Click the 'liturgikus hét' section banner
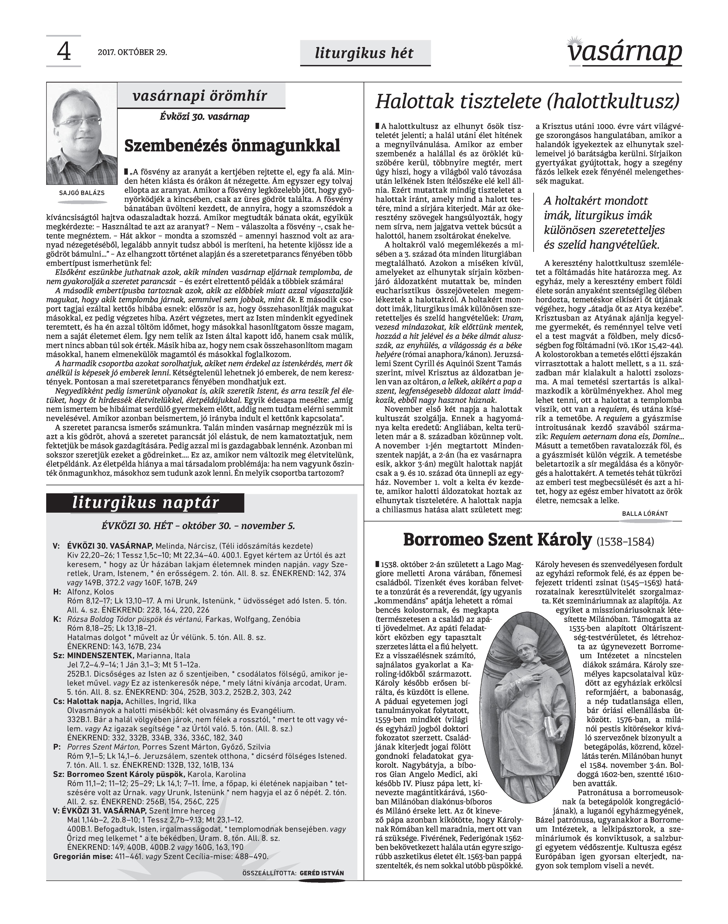click(364, 53)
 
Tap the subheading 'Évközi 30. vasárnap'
click(205, 116)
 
